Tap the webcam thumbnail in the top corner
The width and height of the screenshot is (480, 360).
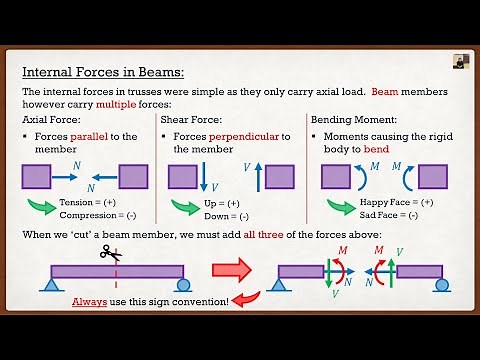click(x=460, y=61)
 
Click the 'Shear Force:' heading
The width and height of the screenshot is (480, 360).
click(x=193, y=120)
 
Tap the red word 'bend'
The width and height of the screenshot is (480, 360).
click(x=400, y=149)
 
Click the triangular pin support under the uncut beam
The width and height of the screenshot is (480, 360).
click(x=48, y=286)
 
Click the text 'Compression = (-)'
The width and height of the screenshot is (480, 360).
click(x=95, y=216)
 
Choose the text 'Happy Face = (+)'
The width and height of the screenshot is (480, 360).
click(x=398, y=202)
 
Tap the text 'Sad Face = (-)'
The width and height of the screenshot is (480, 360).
click(x=392, y=216)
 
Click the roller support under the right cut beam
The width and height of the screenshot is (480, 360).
click(x=441, y=286)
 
